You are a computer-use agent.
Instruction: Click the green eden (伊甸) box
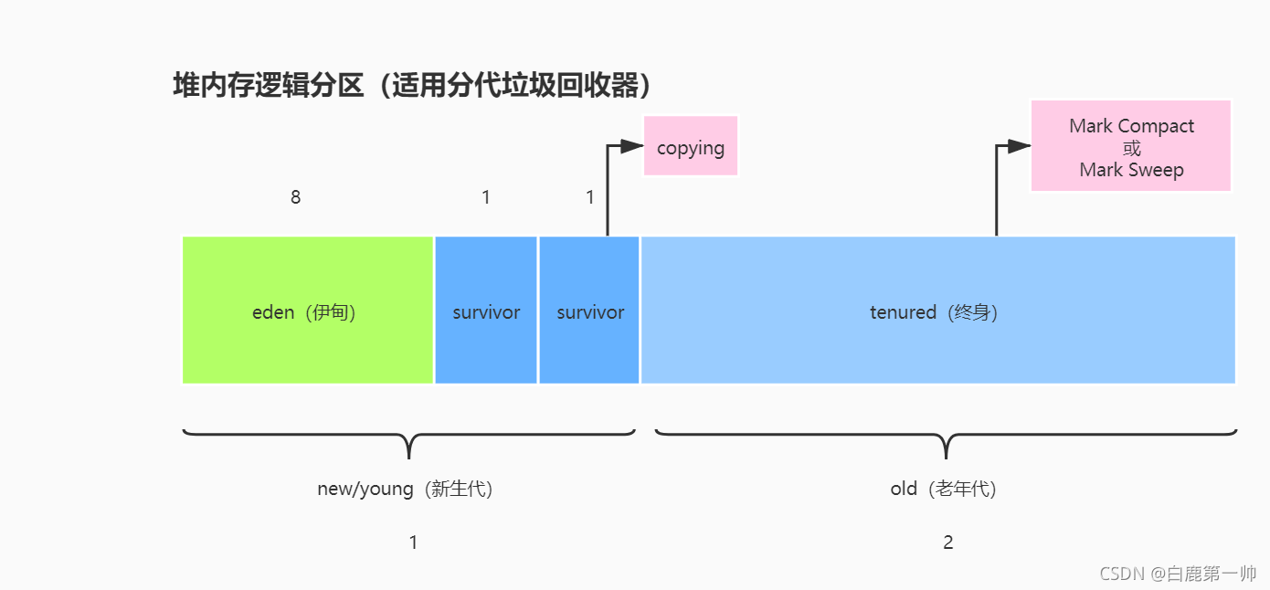point(307,310)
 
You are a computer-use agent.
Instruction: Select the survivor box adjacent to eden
point(486,310)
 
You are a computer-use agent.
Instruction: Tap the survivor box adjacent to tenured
point(589,310)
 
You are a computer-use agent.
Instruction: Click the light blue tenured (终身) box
point(937,310)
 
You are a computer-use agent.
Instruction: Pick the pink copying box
point(691,146)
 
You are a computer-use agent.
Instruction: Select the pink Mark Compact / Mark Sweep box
point(1131,146)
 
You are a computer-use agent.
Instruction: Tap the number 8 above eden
point(295,197)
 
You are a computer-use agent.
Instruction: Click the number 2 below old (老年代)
point(948,543)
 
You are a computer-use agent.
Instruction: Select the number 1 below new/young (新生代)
point(413,543)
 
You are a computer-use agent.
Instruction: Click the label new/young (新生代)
point(407,489)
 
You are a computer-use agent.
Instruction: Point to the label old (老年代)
point(945,489)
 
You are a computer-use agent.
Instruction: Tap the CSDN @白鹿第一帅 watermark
point(1178,574)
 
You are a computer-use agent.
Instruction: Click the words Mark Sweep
point(1131,170)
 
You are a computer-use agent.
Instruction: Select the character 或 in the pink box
point(1132,148)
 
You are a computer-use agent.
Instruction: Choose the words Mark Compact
point(1131,126)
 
